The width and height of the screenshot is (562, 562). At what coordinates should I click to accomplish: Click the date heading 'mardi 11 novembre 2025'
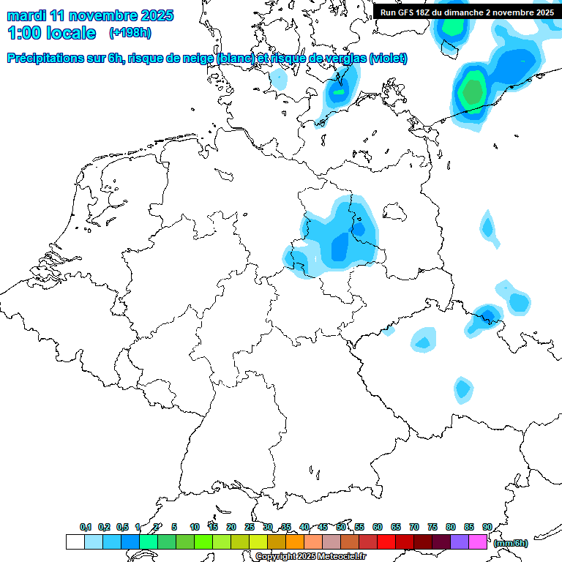pos(90,15)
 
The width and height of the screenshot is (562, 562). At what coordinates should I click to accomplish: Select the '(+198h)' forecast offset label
pos(130,33)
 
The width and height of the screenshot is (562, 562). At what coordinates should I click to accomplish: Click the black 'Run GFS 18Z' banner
pos(467,12)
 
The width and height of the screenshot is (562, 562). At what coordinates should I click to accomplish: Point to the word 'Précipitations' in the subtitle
pos(45,59)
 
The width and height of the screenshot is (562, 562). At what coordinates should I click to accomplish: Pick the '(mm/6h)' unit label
pos(510,543)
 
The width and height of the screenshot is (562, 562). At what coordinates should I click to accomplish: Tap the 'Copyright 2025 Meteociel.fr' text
pos(310,557)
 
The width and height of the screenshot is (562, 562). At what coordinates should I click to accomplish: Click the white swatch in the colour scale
pos(75,542)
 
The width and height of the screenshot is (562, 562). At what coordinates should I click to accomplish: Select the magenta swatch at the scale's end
pos(478,542)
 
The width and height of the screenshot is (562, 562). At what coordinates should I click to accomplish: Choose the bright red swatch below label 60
pos(386,542)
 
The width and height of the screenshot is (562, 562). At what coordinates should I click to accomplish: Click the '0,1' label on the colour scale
pos(85,528)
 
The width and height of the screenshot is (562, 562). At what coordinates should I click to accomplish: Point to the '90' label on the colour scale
pos(487,528)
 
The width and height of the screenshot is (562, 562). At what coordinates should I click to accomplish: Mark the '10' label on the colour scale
pos(194,528)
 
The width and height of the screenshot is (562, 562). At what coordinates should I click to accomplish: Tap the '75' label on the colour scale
pos(432,528)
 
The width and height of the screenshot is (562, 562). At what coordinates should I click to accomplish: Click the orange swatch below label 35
pos(295,542)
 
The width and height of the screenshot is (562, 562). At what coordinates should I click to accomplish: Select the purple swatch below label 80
pos(460,542)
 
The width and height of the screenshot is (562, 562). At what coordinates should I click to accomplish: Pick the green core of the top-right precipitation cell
pos(473,91)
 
